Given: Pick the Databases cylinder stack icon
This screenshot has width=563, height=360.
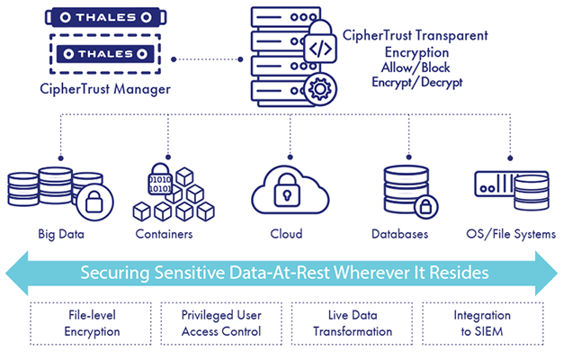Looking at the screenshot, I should point(400,189).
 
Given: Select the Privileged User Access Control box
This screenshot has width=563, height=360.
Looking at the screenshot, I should point(220,323).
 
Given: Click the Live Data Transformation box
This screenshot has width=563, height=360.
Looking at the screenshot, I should point(353,323).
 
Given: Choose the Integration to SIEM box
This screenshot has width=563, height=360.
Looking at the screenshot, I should point(482,323).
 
